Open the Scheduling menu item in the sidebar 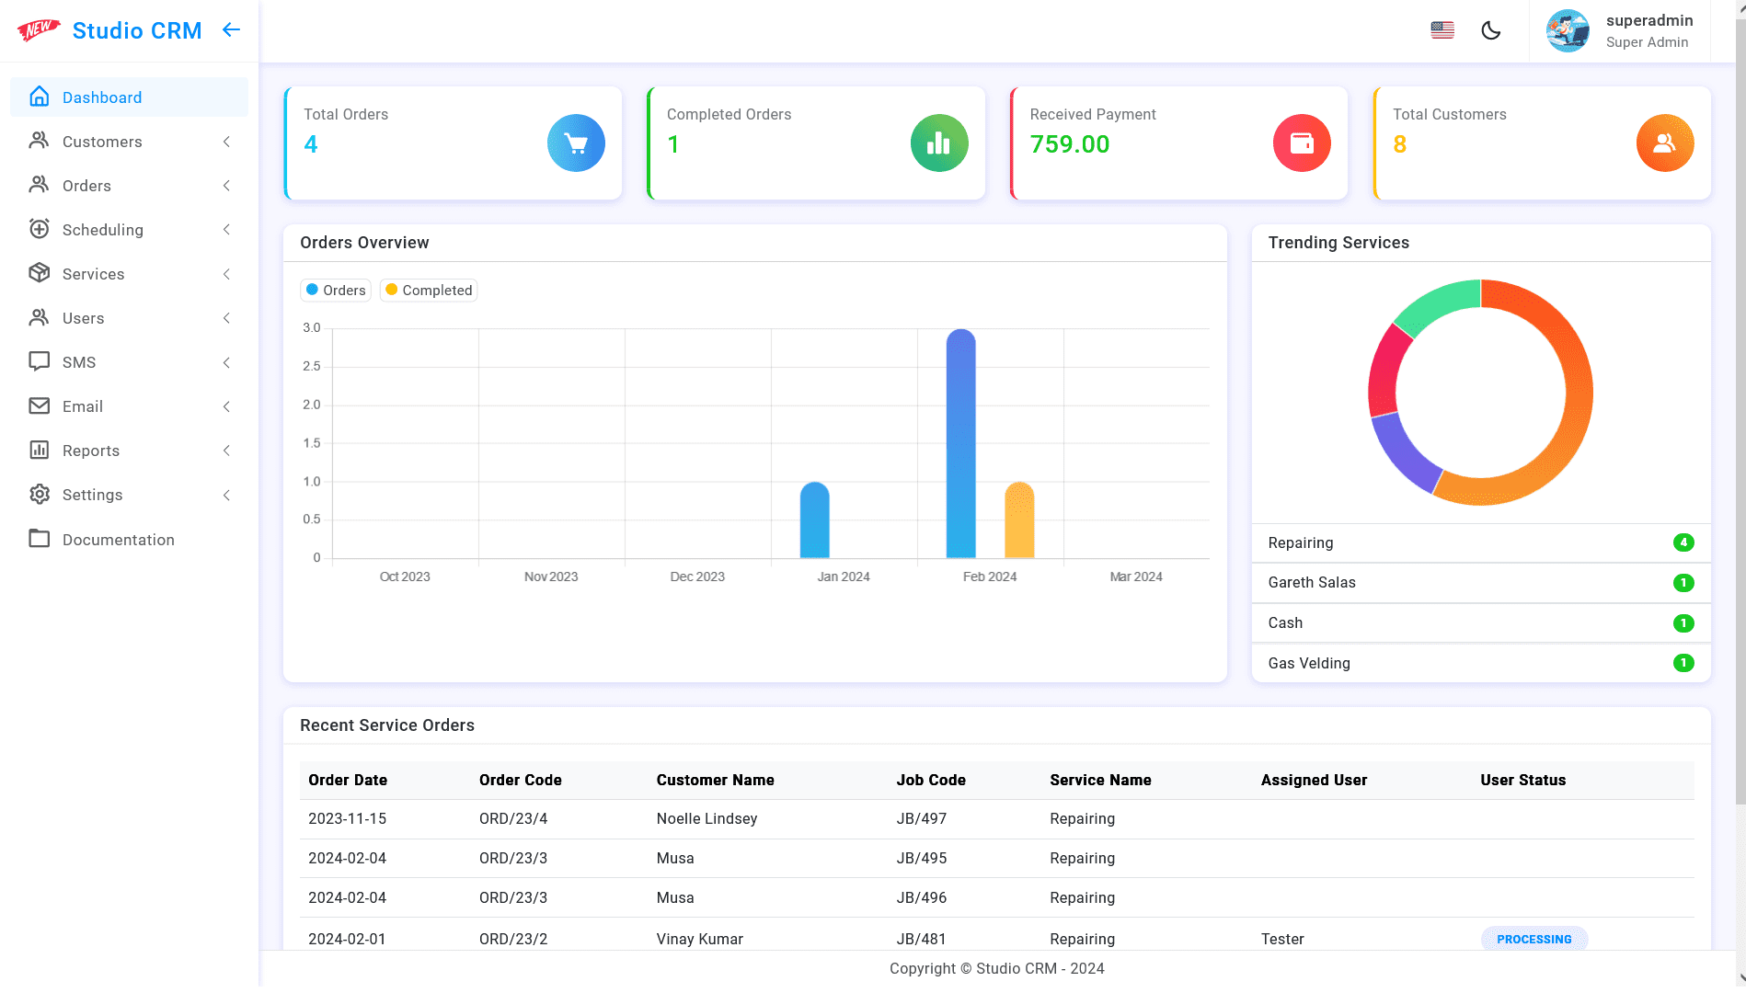[102, 230]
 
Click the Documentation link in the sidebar [118, 540]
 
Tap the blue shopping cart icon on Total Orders [576, 143]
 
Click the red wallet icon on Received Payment [1302, 143]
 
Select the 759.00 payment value [1069, 144]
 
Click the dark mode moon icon [1491, 30]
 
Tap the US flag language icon [1442, 30]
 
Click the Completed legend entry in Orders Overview [429, 291]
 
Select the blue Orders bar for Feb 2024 [960, 441]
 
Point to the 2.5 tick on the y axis [312, 367]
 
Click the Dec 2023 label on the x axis [697, 576]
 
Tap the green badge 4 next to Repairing [1683, 542]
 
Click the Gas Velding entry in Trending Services [1308, 664]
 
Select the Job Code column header [930, 780]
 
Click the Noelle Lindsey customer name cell [706, 818]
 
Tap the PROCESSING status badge [1533, 939]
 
